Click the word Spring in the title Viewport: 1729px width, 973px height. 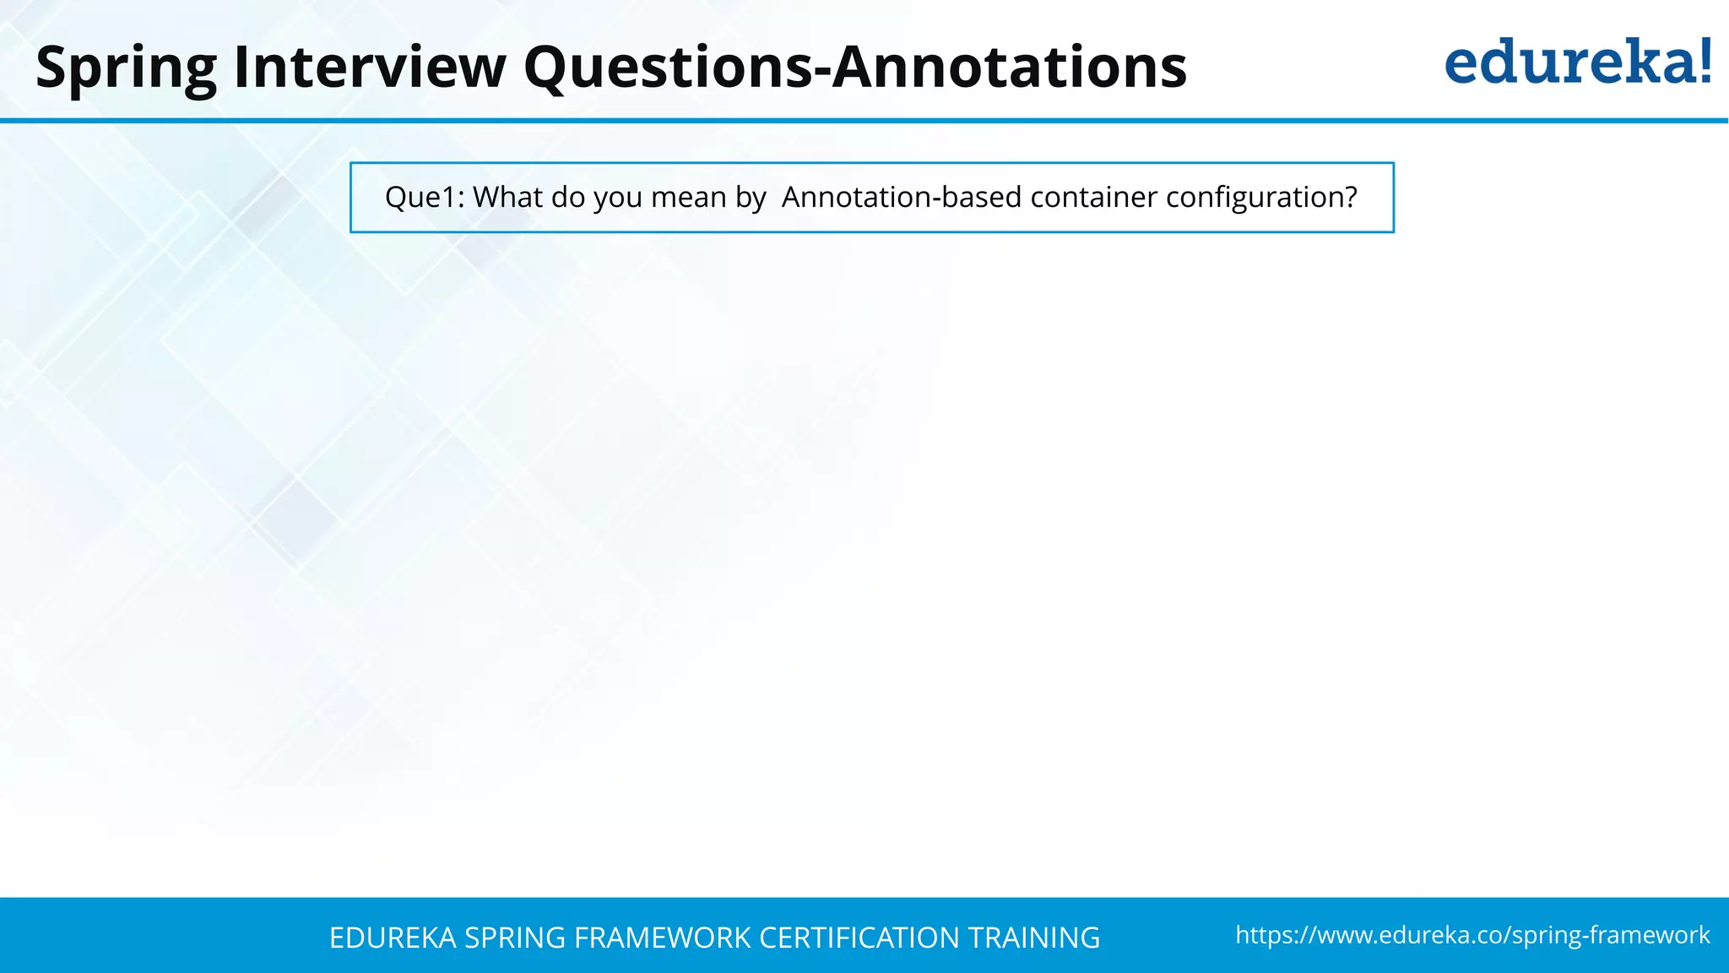[x=127, y=68]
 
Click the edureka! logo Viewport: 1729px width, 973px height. [x=1577, y=63]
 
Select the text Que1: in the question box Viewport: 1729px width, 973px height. [x=425, y=198]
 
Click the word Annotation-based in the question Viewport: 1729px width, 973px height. [x=902, y=198]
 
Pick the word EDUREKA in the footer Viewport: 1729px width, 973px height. [x=393, y=938]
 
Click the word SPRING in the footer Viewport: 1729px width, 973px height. [x=515, y=938]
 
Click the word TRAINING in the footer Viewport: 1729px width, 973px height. [x=1033, y=938]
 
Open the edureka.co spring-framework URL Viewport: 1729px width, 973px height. [x=1472, y=935]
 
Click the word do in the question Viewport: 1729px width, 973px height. [x=567, y=198]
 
